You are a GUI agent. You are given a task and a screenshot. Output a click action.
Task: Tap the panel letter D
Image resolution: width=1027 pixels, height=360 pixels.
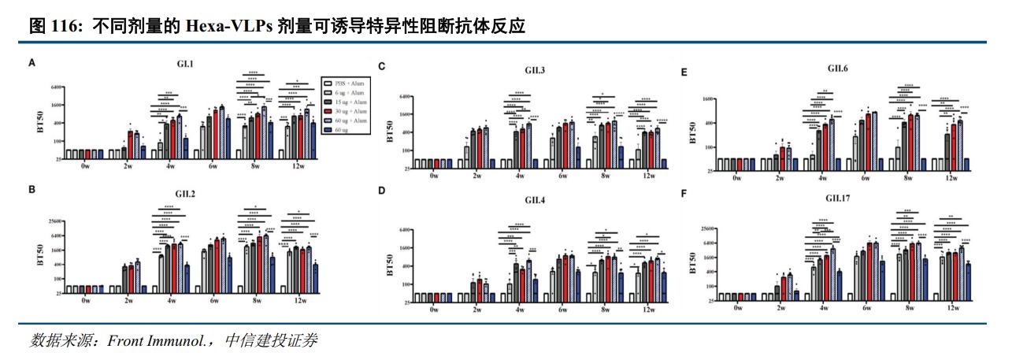(382, 191)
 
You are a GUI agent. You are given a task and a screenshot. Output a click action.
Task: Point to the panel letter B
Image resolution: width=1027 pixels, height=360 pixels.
(32, 189)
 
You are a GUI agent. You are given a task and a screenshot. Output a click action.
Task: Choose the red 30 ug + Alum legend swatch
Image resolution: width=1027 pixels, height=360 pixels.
(326, 111)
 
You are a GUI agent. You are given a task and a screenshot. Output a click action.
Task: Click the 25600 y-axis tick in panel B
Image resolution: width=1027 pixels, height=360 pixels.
(57, 220)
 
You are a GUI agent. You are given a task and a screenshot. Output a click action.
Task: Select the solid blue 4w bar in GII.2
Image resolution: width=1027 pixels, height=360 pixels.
(186, 279)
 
